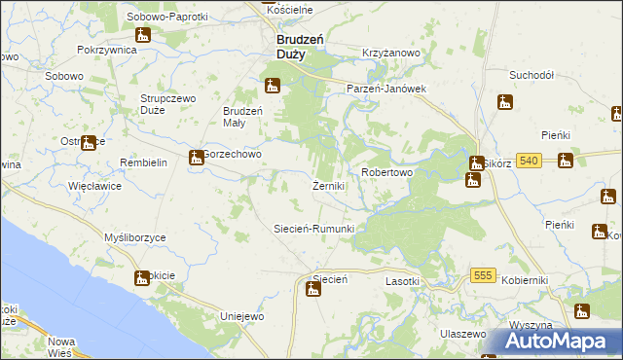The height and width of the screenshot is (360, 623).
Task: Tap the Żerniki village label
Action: [x=327, y=186]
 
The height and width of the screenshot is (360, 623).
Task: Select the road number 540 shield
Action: [x=529, y=160]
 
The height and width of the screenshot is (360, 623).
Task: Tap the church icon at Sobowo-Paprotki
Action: [x=143, y=36]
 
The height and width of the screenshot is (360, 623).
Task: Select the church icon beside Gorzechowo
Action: [x=194, y=157]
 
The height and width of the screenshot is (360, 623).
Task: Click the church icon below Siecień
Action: [x=312, y=288]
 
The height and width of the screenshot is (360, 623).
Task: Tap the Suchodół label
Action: [x=531, y=74]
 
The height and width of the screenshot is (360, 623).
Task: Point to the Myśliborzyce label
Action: [x=134, y=237]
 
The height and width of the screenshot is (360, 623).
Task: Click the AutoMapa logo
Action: [x=553, y=341]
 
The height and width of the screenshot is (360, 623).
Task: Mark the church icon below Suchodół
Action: [x=504, y=101]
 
